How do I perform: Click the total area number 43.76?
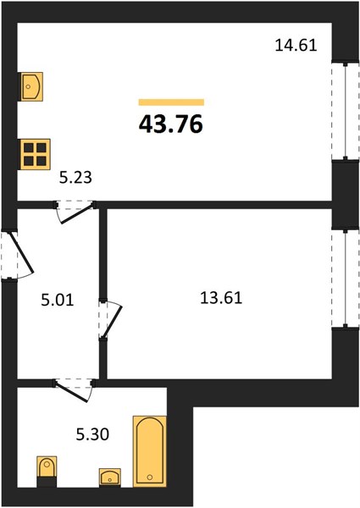171,124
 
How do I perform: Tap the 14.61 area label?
296,45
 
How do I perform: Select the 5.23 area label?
75,178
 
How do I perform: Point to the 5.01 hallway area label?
58,300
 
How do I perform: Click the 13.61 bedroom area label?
221,298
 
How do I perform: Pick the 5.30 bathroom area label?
92,434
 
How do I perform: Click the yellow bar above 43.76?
171,102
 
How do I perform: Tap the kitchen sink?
31,86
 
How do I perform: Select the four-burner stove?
36,154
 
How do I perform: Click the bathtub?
150,451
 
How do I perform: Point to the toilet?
47,471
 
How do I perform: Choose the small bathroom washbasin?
110,478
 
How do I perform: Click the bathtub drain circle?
150,477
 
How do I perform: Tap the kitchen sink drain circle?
28,86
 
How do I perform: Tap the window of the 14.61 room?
346,111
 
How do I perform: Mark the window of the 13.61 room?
346,279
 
